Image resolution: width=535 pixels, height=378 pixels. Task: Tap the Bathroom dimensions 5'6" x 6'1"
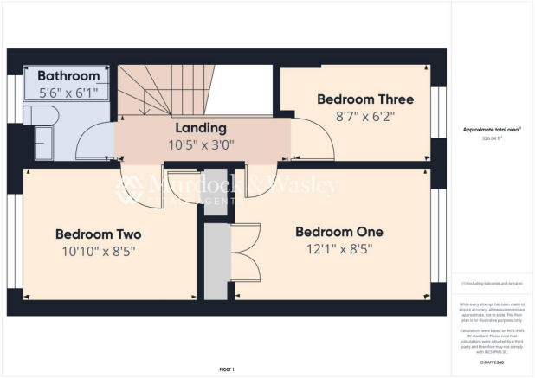point(68,92)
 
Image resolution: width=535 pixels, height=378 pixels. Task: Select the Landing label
point(200,127)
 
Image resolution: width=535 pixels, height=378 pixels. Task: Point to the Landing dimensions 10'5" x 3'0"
point(200,144)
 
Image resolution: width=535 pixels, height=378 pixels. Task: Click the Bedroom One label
point(338,232)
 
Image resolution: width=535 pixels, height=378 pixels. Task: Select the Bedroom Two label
point(98,234)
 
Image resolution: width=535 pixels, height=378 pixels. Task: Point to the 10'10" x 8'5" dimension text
point(98,252)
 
